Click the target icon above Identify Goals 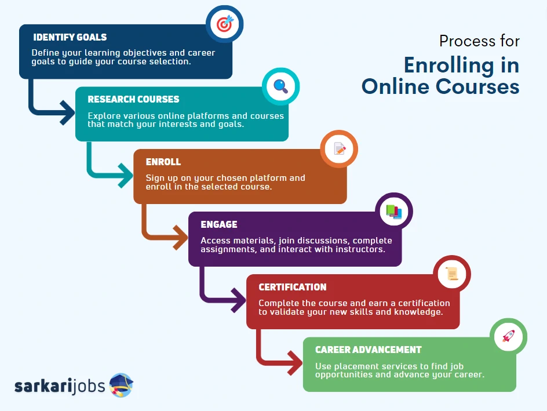point(225,24)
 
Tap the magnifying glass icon point(281,86)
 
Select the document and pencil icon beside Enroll point(340,148)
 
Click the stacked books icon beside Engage point(394,212)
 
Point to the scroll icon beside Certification point(452,274)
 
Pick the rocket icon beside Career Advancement point(508,336)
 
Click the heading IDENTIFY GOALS point(70,37)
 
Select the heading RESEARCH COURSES point(133,100)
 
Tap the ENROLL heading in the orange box point(163,162)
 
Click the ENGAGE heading point(219,224)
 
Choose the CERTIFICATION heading point(293,287)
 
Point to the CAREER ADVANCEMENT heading point(369,350)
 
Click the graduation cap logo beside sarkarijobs point(121,385)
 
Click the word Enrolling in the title point(449,66)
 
